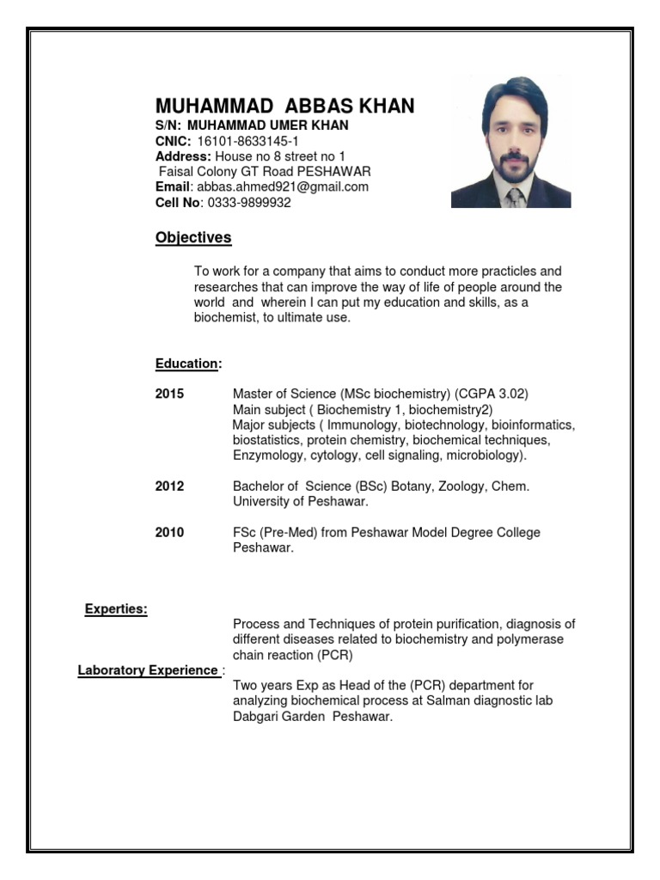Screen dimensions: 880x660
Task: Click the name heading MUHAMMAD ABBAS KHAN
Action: pos(284,106)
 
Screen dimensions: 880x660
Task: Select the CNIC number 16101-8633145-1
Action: pos(248,141)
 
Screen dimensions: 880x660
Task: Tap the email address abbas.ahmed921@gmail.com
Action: pos(283,186)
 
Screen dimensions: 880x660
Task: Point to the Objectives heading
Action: pos(193,238)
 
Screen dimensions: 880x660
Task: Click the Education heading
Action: pos(187,364)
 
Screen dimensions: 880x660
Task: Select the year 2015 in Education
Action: pos(169,394)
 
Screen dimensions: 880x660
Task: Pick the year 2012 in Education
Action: pos(169,486)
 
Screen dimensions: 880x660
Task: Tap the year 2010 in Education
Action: pos(169,533)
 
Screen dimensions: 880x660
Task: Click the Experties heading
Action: pos(116,609)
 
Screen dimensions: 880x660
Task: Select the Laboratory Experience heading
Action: pos(148,669)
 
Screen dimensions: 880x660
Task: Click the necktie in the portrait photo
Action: pos(513,198)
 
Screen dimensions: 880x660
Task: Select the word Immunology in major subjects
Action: pos(366,425)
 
